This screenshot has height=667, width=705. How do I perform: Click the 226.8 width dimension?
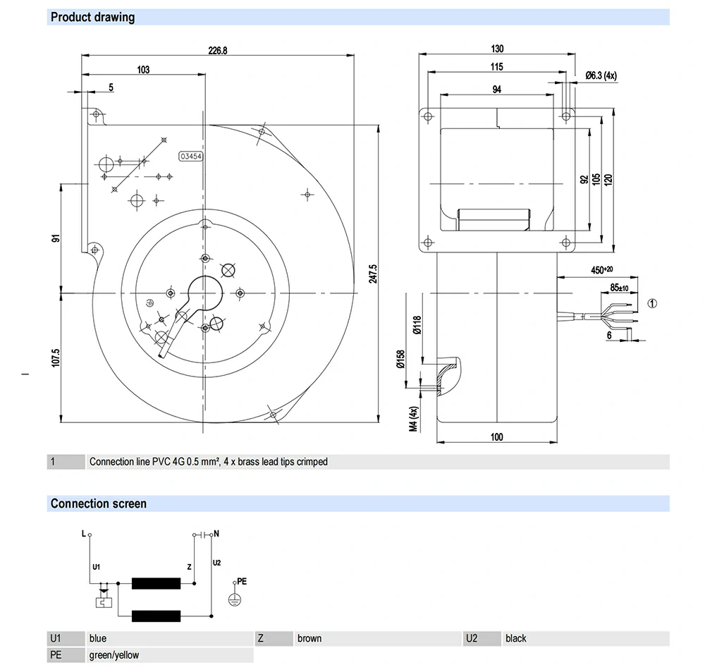[218, 50]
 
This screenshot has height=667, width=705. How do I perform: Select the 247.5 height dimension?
[373, 274]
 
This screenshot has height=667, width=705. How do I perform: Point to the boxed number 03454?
[191, 157]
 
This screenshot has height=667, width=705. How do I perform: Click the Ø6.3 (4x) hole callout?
[601, 75]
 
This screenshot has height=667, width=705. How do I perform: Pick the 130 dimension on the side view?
[498, 49]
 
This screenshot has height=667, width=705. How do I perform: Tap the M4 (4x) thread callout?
[415, 419]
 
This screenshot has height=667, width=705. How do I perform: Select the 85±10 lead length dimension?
[619, 288]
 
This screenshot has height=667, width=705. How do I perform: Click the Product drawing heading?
[92, 17]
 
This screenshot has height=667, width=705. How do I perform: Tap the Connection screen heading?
[99, 503]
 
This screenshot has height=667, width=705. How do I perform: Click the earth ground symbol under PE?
[235, 599]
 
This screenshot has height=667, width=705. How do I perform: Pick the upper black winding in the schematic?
[157, 583]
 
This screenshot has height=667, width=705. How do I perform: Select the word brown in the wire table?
[309, 638]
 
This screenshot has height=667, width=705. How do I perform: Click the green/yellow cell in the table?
[114, 655]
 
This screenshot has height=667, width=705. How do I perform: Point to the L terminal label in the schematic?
[83, 534]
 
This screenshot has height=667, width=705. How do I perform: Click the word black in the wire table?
[515, 638]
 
